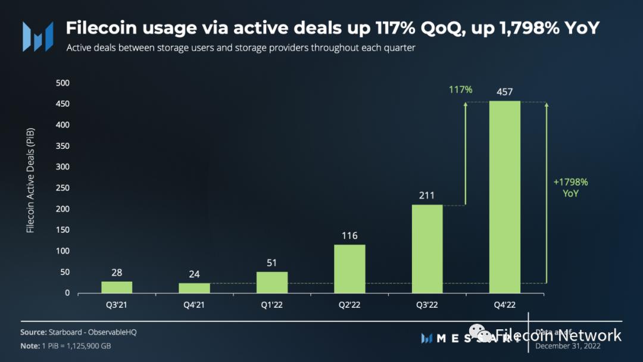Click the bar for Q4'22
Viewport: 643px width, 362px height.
coord(504,196)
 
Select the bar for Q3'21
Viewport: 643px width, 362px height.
coord(117,287)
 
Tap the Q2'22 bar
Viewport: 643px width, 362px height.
coord(349,269)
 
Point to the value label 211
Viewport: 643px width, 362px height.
coord(427,195)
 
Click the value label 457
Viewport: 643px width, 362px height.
coord(504,92)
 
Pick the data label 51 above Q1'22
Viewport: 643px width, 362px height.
coord(272,263)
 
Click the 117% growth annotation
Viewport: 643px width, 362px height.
coord(460,90)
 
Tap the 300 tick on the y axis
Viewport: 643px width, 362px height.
coord(63,167)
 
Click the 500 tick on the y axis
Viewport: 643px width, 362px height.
coord(63,83)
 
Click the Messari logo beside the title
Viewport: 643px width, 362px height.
coord(38,36)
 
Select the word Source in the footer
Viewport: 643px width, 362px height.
coord(33,332)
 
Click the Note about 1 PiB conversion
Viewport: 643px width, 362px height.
coord(65,346)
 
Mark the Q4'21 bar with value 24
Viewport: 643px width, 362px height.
coord(194,288)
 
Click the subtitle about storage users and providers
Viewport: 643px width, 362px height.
coord(241,48)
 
